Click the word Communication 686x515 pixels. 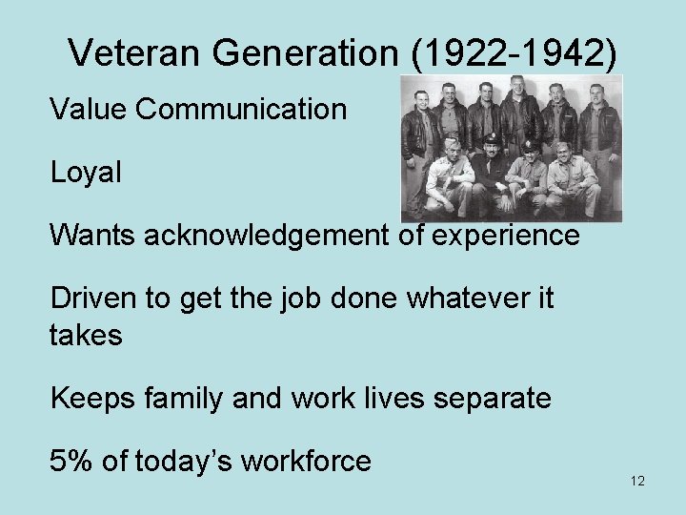pyautogui.click(x=241, y=110)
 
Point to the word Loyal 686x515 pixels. pyautogui.click(x=86, y=172)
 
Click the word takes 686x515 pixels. pyautogui.click(x=86, y=335)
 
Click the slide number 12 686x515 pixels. pyautogui.click(x=637, y=481)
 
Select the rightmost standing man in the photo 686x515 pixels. pyautogui.click(x=598, y=124)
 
